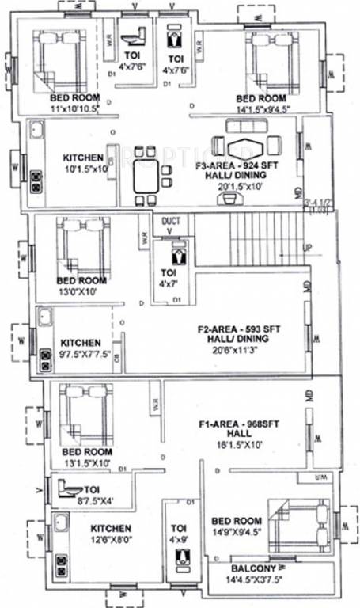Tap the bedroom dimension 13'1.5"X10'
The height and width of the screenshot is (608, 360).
[88, 463]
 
